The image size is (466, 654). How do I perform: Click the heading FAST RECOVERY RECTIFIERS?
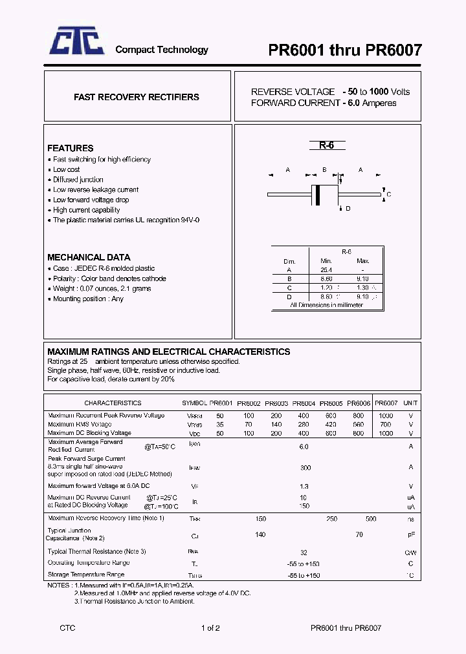click(x=136, y=97)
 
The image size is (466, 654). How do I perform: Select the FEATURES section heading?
click(x=71, y=148)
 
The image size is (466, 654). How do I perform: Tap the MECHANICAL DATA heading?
click(x=89, y=257)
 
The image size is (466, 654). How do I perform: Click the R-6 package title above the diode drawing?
click(x=326, y=145)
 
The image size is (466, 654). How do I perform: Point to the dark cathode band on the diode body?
click(x=317, y=194)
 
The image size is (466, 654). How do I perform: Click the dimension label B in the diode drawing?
click(x=324, y=170)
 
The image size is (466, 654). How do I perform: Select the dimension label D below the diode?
click(x=348, y=208)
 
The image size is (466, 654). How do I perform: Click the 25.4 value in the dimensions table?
click(x=326, y=270)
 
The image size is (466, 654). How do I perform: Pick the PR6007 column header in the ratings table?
click(x=386, y=403)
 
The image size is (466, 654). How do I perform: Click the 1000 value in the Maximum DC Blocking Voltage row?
click(x=386, y=433)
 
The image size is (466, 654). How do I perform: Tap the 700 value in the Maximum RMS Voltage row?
click(x=386, y=425)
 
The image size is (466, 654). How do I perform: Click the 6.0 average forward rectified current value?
click(x=304, y=447)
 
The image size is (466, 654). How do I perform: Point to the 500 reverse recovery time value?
click(x=371, y=519)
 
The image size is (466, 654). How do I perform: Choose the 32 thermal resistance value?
click(x=304, y=553)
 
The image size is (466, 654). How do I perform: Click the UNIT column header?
click(x=410, y=403)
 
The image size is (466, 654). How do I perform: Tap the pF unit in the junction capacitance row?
click(x=410, y=535)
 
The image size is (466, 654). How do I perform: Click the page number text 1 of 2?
click(x=211, y=628)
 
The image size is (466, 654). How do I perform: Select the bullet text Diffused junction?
click(x=78, y=180)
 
